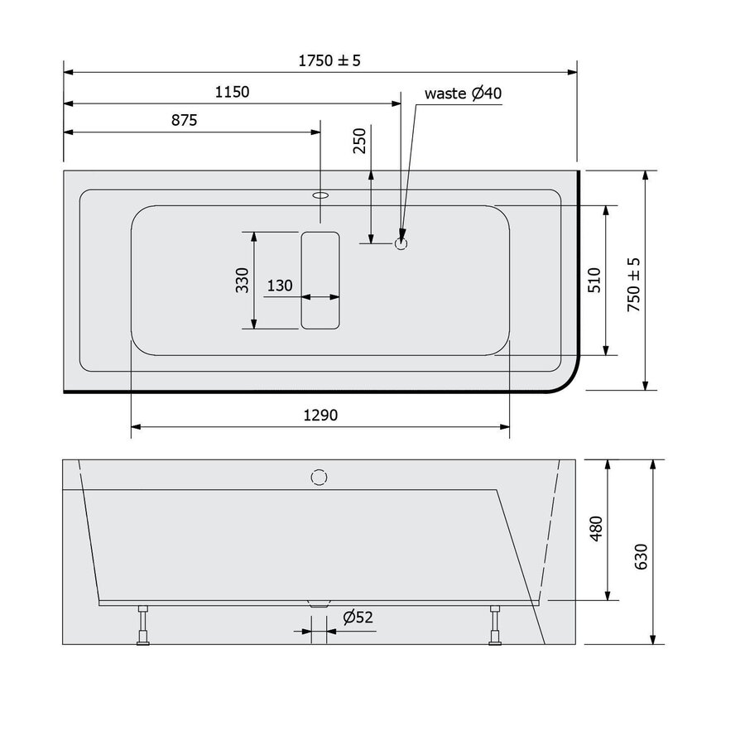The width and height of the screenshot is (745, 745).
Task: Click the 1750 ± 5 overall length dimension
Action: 329,60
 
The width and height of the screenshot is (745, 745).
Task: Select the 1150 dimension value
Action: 232,92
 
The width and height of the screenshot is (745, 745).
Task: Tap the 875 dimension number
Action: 184,120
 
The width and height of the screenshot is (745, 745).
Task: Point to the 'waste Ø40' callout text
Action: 463,94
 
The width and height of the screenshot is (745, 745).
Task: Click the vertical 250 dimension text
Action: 359,142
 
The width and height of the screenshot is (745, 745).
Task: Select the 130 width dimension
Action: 280,286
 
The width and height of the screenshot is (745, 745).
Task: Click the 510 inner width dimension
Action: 594,280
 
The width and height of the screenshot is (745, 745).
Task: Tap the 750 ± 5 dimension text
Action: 633,283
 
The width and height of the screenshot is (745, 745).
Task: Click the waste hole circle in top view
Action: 401,243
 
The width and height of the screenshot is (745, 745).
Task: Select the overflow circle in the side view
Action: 320,477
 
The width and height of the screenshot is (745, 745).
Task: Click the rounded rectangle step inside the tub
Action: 320,280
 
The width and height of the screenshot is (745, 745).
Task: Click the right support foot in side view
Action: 495,625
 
